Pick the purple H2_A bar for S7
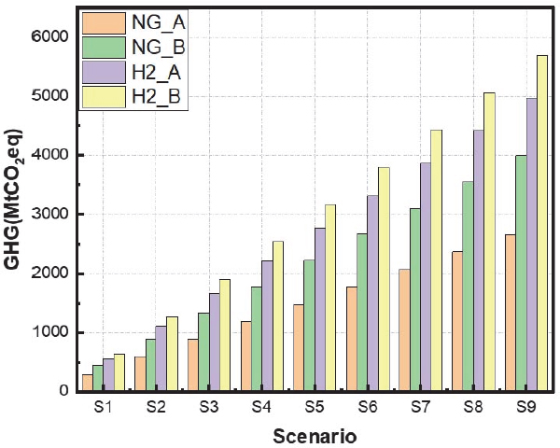pyautogui.click(x=425, y=276)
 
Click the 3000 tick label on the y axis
pyautogui.click(x=51, y=214)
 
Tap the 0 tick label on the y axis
pyautogui.click(x=63, y=391)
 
